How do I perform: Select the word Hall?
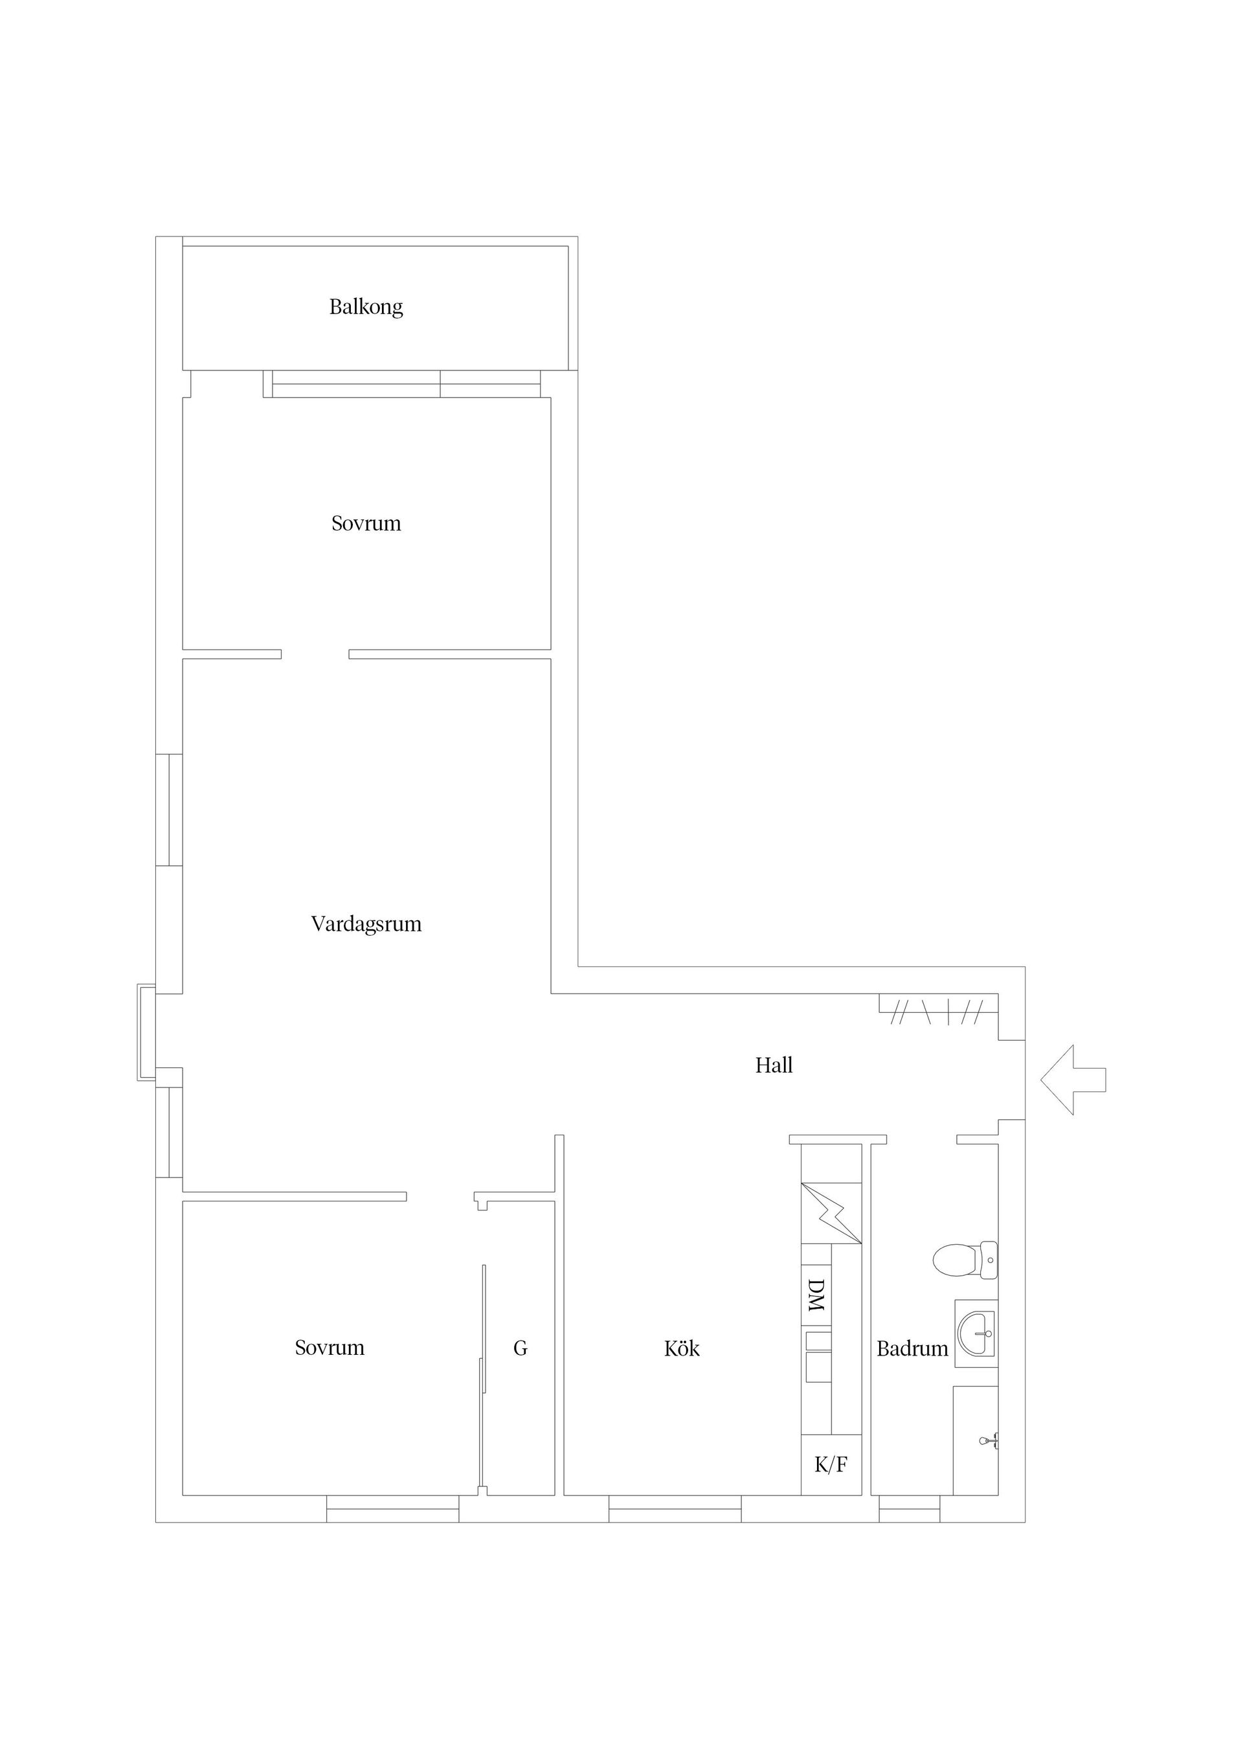pyautogui.click(x=774, y=1065)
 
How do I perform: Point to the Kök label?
pyautogui.click(x=682, y=1348)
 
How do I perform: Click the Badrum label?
pyautogui.click(x=912, y=1348)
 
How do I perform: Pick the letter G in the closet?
pyautogui.click(x=520, y=1348)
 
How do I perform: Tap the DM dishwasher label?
pyautogui.click(x=816, y=1295)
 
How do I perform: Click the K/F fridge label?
pyautogui.click(x=831, y=1465)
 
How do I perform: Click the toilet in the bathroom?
pyautogui.click(x=963, y=1260)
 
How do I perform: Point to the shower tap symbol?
pyautogui.click(x=989, y=1441)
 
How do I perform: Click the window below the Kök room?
pyautogui.click(x=675, y=1508)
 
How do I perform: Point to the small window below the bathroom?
pyautogui.click(x=909, y=1508)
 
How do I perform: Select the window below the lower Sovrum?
pyautogui.click(x=392, y=1508)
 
